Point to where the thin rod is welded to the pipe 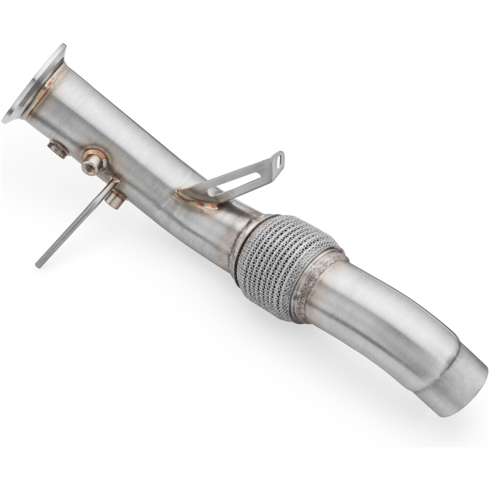[114, 182]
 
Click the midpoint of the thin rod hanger [76, 223]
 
